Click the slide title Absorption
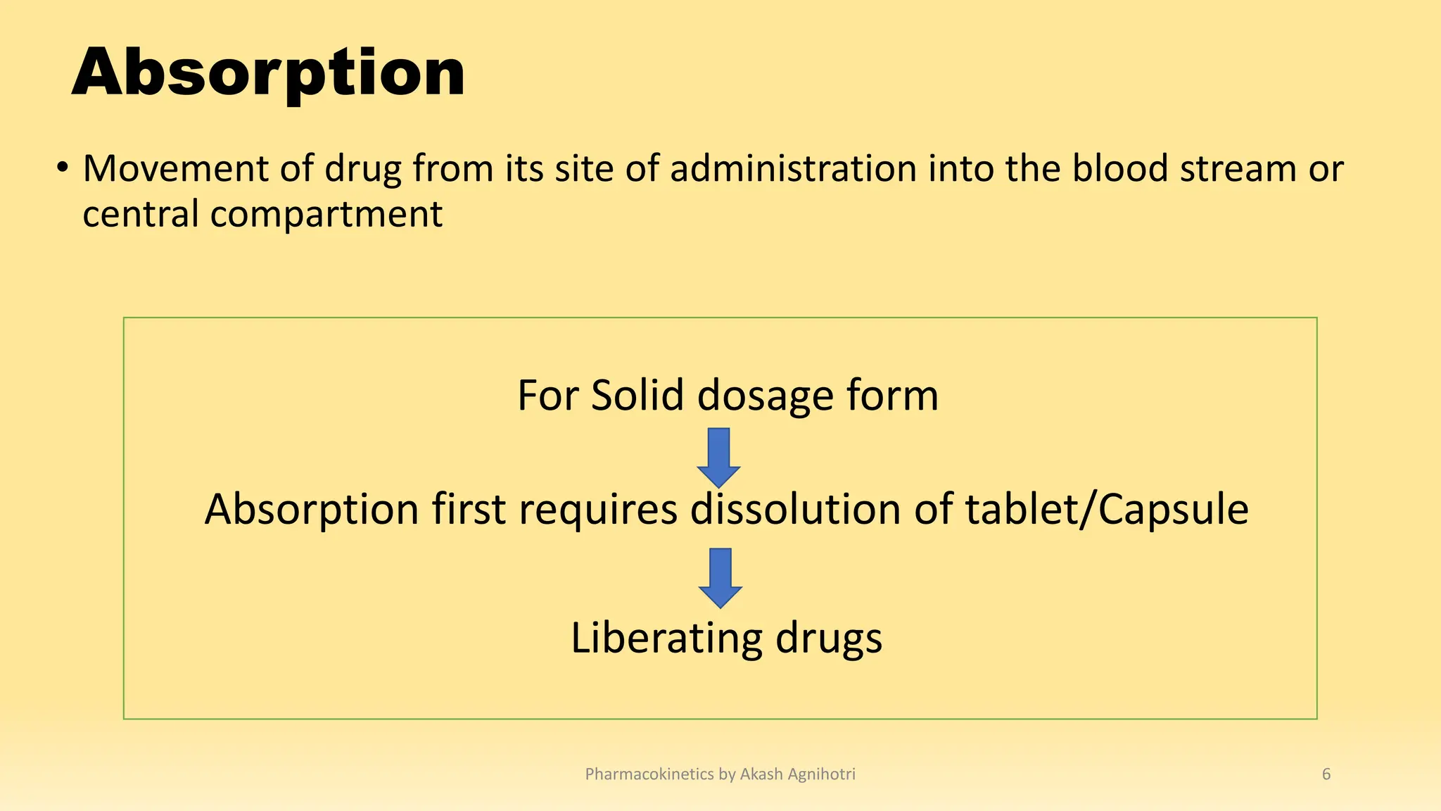point(268,73)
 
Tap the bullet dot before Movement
point(63,168)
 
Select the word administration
point(793,169)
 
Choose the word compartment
point(326,215)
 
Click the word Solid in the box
point(637,395)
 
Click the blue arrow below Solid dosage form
point(718,457)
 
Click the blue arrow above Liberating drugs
point(720,577)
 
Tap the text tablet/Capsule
point(1107,510)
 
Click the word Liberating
point(666,638)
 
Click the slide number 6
point(1326,774)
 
